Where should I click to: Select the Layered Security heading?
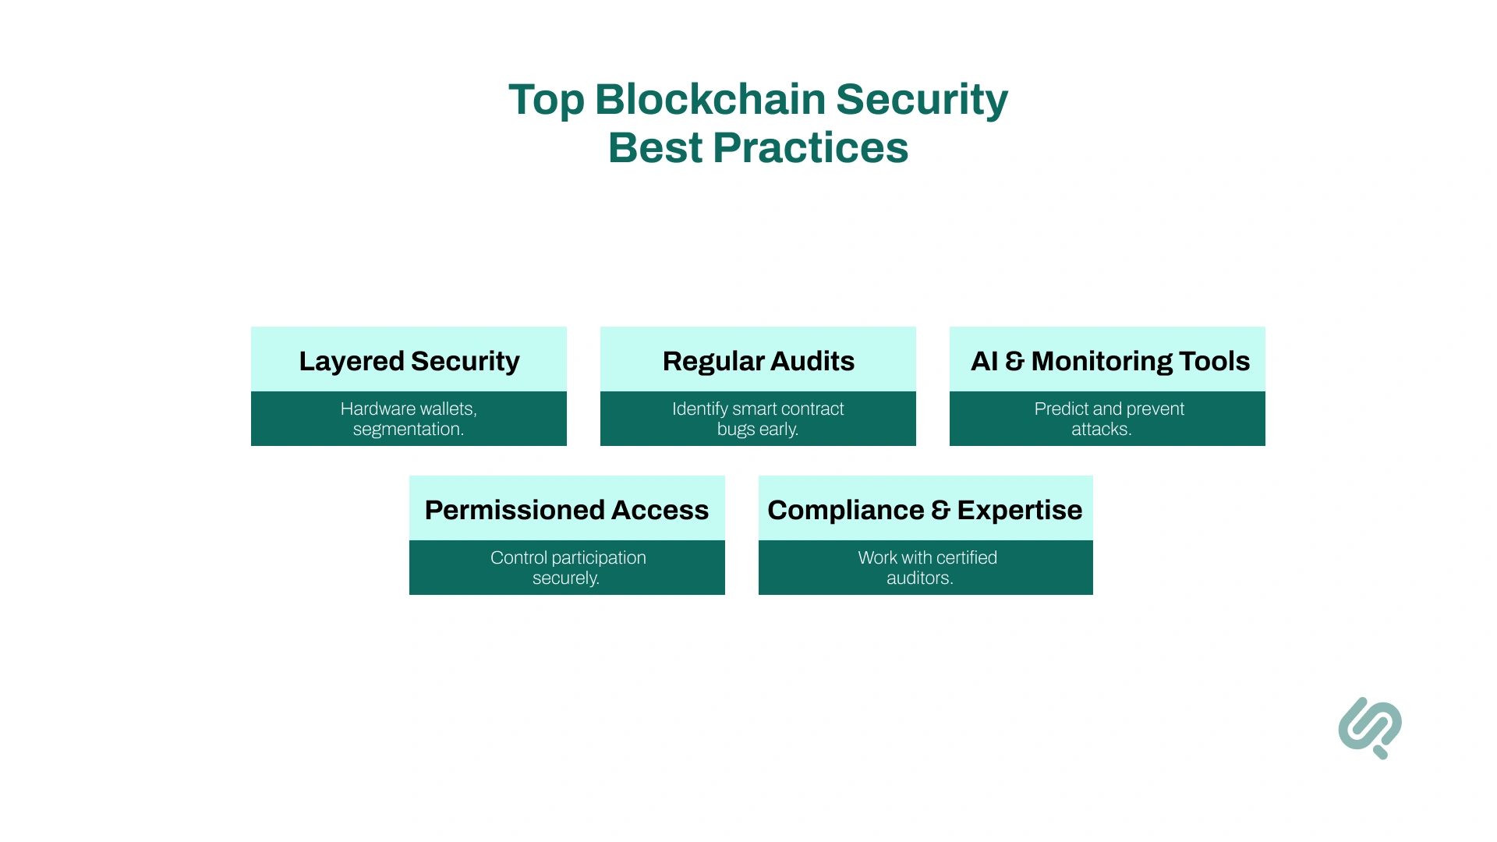[409, 361]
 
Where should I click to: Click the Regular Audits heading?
[758, 361]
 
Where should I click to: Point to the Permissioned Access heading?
[567, 510]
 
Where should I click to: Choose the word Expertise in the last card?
[1019, 510]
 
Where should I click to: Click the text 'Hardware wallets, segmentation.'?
[409, 419]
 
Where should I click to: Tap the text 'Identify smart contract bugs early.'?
[758, 419]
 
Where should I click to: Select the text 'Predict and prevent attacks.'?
[1108, 419]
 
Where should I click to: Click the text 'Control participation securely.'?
[568, 568]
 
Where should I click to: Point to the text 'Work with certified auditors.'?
[926, 568]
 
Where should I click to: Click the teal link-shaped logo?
[1370, 727]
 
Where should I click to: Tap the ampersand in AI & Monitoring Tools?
[1014, 362]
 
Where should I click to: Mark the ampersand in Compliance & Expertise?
[940, 511]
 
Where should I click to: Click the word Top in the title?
[546, 100]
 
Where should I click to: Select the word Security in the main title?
[922, 100]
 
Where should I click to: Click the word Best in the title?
[655, 148]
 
